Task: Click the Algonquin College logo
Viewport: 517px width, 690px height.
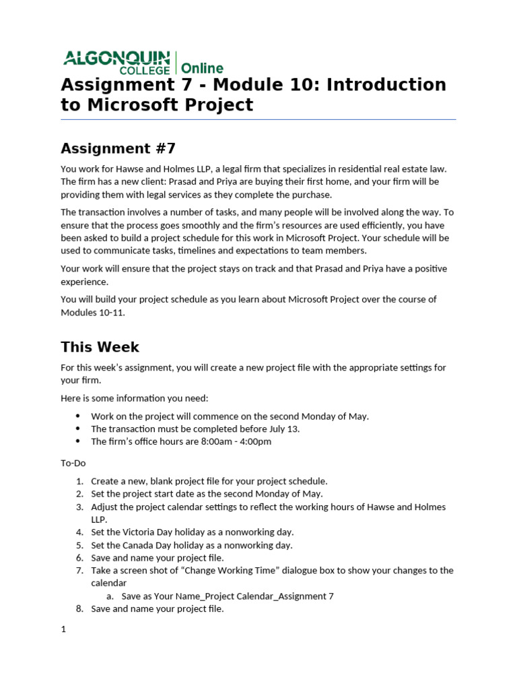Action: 118,62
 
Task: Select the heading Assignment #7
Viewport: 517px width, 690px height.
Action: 118,148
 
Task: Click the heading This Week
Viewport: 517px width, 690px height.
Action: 100,347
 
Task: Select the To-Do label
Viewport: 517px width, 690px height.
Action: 73,463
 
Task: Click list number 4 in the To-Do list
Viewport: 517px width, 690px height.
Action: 79,532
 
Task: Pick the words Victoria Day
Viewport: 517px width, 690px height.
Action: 155,532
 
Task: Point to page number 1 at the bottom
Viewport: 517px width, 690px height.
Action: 63,629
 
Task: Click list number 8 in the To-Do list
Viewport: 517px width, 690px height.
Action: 79,608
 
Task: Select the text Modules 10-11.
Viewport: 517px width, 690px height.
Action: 93,312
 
